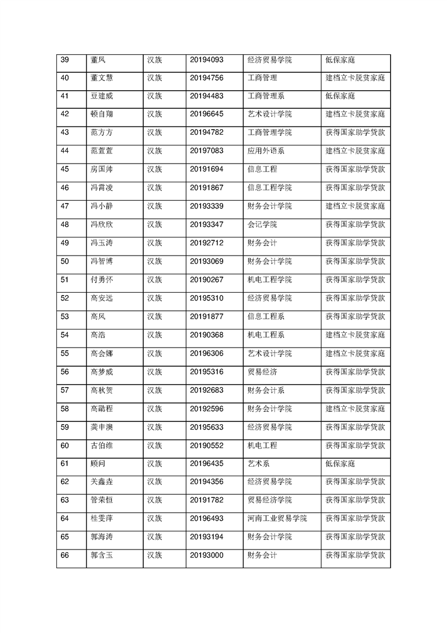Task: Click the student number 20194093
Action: pos(207,60)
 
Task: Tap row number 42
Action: pos(64,115)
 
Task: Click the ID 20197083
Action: pos(207,151)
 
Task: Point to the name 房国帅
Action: pos(102,169)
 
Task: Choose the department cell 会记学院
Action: pos(262,225)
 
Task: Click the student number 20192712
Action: pos(207,243)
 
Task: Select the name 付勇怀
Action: pos(102,279)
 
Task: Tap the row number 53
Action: pos(64,316)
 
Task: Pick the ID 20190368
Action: pos(207,335)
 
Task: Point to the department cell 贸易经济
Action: pos(262,372)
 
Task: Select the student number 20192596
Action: pos(207,408)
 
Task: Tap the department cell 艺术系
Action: pos(259,464)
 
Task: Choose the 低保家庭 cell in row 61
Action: pos(339,464)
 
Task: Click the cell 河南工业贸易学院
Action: pos(277,518)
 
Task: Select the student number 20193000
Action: pos(207,555)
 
